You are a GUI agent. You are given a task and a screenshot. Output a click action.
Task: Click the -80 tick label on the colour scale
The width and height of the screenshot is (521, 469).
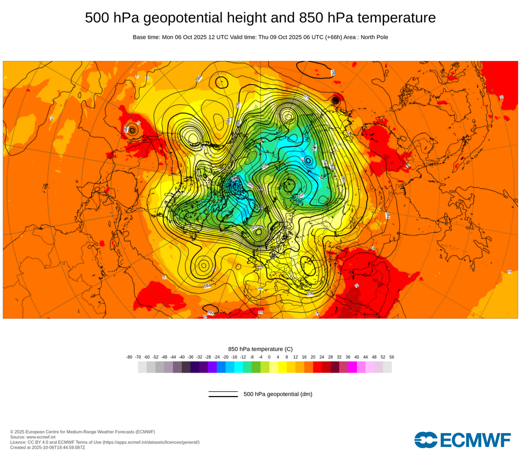point(129,357)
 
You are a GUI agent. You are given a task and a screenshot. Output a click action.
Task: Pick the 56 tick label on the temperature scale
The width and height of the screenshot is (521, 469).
point(392,357)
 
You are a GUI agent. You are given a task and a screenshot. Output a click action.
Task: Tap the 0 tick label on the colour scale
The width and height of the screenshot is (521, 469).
point(269,357)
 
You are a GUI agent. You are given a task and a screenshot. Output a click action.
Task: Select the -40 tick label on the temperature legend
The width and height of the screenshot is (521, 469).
point(182,357)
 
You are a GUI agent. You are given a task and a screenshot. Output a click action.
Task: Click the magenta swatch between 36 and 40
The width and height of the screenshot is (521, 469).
point(352,367)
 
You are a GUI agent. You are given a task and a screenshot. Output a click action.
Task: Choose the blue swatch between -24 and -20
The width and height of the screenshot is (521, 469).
point(221,367)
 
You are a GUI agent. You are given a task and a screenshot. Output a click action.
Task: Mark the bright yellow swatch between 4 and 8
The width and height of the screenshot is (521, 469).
point(282,367)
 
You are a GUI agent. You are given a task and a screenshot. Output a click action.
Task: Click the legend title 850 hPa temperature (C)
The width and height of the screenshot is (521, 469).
point(260,349)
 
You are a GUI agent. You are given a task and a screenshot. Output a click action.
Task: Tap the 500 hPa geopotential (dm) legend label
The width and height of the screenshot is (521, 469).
point(278,394)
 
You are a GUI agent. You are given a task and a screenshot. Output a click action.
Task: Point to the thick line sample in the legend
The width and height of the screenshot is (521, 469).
point(223,397)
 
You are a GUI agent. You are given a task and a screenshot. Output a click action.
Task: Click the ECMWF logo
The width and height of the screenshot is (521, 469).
point(463,440)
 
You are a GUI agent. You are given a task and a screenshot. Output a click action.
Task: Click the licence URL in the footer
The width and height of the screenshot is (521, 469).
point(151,442)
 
